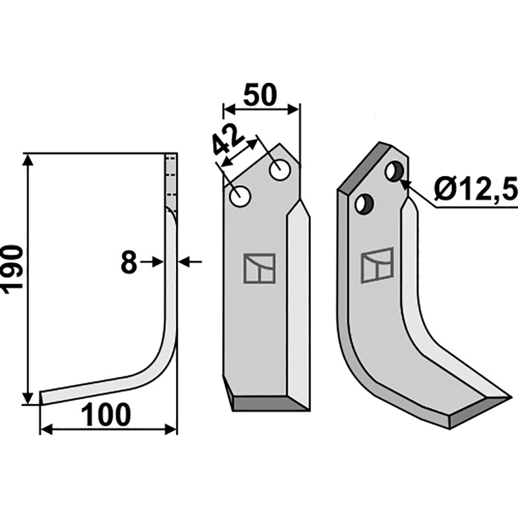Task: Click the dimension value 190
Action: (x=13, y=269)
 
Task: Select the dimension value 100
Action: (x=106, y=414)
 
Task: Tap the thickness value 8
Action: (x=129, y=262)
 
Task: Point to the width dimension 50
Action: (x=260, y=95)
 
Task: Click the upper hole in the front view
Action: (x=280, y=170)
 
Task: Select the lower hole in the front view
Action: (x=240, y=197)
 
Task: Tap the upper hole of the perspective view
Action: (x=394, y=171)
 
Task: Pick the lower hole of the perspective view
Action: (x=364, y=204)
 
